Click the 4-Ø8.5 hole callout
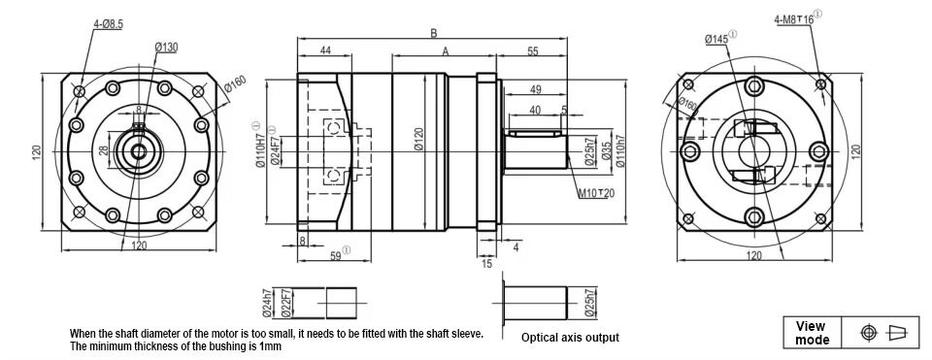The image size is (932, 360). [108, 23]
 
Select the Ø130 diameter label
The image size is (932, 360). [166, 47]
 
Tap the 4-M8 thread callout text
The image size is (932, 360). [793, 19]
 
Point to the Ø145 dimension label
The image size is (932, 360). [716, 39]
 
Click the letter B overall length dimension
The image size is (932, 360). [434, 33]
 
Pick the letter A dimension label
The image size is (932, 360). [446, 51]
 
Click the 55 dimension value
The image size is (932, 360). [533, 51]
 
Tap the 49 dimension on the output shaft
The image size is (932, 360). [535, 89]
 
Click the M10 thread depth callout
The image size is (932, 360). [596, 192]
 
